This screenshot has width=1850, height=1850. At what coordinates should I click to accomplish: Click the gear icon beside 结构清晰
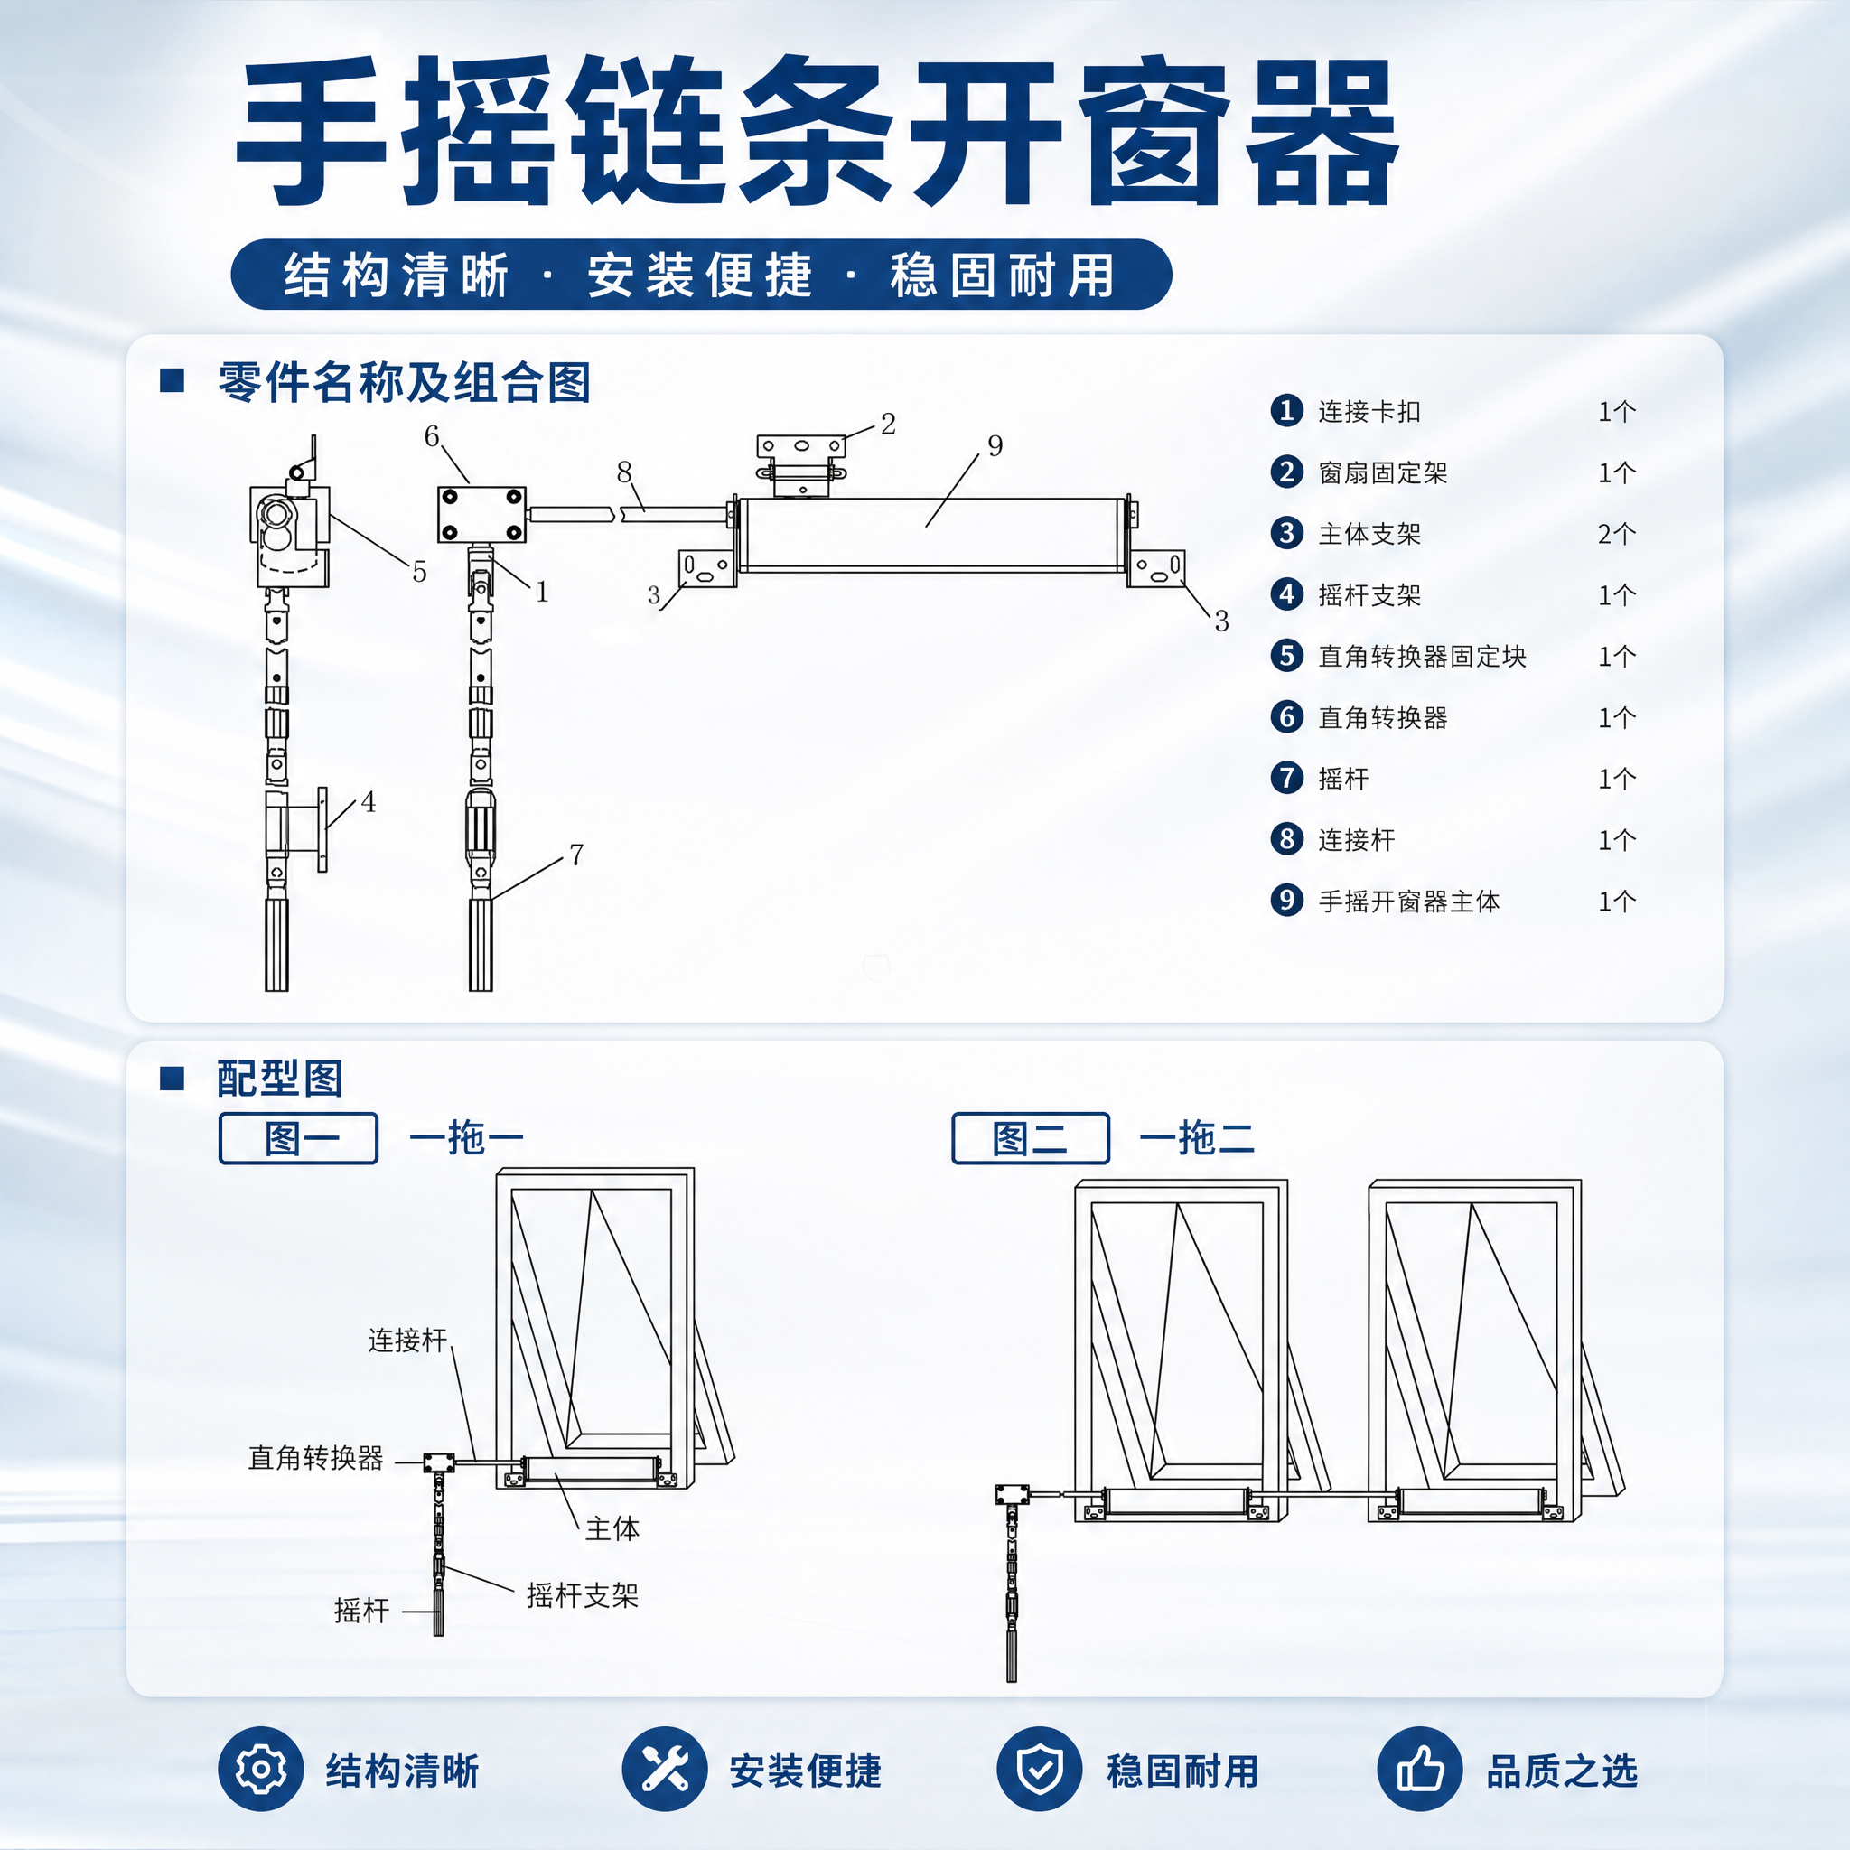click(x=260, y=1769)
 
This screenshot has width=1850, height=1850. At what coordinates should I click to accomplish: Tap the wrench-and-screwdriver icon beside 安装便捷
click(x=665, y=1769)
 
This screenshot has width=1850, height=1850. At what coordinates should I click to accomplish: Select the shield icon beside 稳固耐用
click(x=1040, y=1769)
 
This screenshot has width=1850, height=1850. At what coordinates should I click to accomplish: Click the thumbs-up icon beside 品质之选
click(x=1420, y=1769)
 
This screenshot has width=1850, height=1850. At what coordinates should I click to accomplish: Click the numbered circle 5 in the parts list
click(x=1287, y=656)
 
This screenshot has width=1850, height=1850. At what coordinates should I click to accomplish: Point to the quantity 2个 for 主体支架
click(x=1616, y=533)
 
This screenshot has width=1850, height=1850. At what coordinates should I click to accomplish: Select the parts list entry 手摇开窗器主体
click(x=1408, y=901)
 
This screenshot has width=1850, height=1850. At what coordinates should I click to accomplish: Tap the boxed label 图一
click(x=299, y=1138)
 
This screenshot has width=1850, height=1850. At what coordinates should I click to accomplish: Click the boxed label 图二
click(x=1031, y=1138)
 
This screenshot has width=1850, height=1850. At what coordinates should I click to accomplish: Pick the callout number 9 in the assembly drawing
click(x=995, y=445)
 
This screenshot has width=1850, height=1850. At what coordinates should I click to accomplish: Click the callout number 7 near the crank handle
click(x=576, y=855)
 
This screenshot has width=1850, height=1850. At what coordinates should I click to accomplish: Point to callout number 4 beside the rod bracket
click(x=369, y=801)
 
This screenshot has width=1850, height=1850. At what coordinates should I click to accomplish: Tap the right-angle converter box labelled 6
click(x=481, y=514)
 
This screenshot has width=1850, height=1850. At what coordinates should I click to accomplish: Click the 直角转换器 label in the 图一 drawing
click(x=316, y=1457)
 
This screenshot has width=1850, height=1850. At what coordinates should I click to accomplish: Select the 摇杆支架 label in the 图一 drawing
click(x=583, y=1595)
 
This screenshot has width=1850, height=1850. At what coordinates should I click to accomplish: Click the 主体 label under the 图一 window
click(x=612, y=1528)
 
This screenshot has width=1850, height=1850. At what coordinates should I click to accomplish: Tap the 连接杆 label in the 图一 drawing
click(x=408, y=1340)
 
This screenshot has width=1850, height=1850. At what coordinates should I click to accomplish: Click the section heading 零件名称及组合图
click(x=404, y=382)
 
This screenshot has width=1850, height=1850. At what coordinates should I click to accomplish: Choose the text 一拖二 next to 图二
click(x=1197, y=1137)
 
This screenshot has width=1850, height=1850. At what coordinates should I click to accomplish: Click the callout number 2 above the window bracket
click(x=889, y=424)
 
